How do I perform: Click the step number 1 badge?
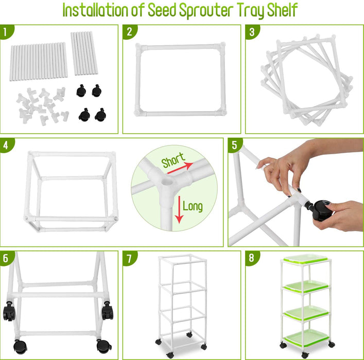(x=6, y=32)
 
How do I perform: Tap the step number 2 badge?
(x=129, y=32)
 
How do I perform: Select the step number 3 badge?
(x=251, y=32)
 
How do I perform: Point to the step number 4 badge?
(x=6, y=145)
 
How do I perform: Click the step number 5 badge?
(x=234, y=145)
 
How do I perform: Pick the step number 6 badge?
(x=6, y=258)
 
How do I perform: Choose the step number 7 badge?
(x=129, y=258)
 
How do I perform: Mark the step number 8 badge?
(x=251, y=258)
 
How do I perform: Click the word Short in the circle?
(x=173, y=161)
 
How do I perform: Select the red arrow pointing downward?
(x=179, y=209)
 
